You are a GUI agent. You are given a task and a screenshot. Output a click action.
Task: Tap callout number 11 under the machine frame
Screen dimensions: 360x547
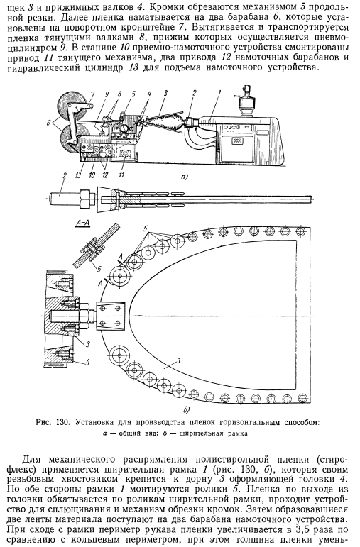(x=121, y=175)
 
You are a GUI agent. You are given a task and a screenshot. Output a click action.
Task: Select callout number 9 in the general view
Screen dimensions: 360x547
(x=107, y=94)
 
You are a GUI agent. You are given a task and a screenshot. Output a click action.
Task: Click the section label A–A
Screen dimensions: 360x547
(x=83, y=223)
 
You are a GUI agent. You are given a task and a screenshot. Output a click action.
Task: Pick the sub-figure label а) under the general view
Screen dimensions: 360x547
(x=185, y=177)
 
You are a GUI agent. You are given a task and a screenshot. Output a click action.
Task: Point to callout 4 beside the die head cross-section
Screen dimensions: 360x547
(x=88, y=363)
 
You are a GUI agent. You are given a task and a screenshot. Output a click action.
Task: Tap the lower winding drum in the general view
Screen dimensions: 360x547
(x=73, y=140)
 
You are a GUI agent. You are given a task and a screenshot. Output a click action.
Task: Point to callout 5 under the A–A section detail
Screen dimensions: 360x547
(x=99, y=269)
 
